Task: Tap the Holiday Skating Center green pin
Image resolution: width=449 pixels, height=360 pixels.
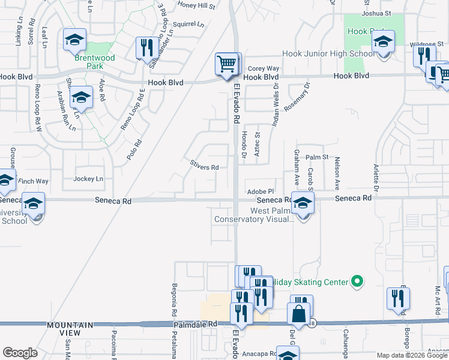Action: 357,281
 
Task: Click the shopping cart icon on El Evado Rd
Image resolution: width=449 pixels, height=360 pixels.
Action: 226,64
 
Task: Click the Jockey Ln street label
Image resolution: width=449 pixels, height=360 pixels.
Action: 88,179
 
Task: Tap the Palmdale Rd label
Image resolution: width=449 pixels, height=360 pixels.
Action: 196,324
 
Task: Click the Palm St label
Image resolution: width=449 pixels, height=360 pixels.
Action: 318,157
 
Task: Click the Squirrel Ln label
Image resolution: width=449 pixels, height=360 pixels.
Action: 188,25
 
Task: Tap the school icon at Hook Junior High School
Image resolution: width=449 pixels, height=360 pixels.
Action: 382,43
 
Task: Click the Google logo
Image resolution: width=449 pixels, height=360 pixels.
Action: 20,352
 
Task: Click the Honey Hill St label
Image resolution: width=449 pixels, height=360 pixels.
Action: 196,5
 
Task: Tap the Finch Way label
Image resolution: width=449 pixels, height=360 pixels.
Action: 33,181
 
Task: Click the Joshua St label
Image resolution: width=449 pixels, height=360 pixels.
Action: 376,13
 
